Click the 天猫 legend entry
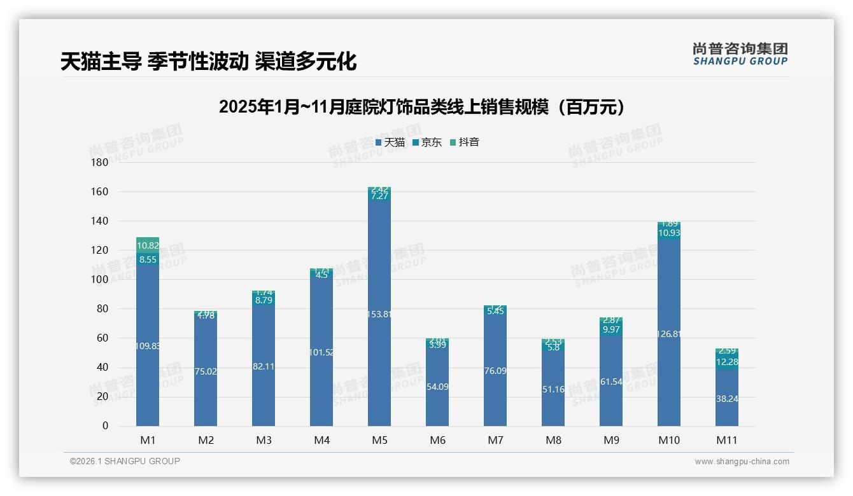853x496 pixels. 390,142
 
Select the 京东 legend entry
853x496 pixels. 427,142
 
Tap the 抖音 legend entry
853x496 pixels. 465,142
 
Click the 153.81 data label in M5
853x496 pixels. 379,314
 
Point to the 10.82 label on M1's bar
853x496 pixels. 148,245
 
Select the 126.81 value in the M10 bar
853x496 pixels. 669,334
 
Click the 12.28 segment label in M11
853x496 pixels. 727,362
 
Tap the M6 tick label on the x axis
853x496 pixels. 437,440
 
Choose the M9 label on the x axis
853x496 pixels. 611,440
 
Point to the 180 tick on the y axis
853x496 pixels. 100,163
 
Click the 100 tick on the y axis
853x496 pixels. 100,280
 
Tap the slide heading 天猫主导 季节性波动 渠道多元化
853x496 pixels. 208,62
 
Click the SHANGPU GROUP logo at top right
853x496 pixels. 740,54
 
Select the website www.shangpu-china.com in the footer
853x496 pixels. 742,462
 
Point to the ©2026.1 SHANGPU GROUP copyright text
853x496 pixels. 125,461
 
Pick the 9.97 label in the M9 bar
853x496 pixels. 611,329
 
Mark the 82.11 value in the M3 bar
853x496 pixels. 264,367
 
